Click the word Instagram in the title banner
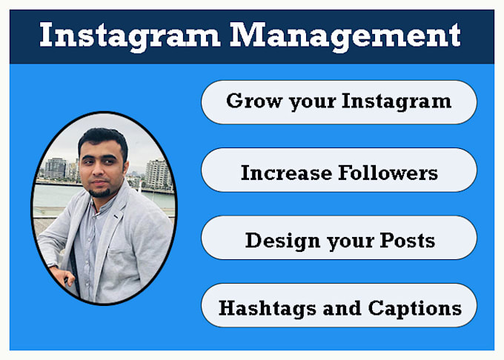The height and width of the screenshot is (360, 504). click(130, 36)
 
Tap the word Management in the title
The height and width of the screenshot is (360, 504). click(345, 36)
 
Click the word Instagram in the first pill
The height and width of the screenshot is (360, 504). click(397, 101)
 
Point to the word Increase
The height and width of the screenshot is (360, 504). click(286, 173)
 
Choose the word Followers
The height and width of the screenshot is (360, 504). click(388, 173)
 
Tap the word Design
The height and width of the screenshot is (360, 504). click(282, 241)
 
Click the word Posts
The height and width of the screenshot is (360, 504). click(407, 240)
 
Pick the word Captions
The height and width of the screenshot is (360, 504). click(415, 309)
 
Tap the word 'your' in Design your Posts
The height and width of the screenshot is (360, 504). click(351, 242)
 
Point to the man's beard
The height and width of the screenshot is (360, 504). click(100, 192)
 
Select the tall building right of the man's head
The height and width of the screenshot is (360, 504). click(157, 174)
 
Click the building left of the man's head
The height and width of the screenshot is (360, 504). click(56, 169)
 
